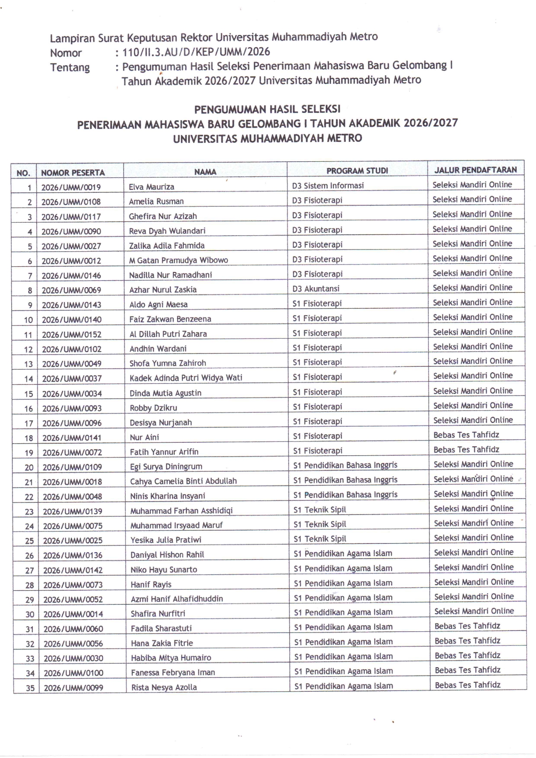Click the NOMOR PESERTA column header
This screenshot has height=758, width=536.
[x=73, y=173]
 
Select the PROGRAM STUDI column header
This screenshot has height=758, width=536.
[x=357, y=170]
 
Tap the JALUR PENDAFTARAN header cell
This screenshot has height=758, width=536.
[x=475, y=170]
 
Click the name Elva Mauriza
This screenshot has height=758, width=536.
[x=151, y=187]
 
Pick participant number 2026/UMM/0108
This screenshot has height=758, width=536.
[x=71, y=201]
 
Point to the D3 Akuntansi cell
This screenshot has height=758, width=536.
[x=316, y=288]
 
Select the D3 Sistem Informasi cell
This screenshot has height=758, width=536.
[x=328, y=186]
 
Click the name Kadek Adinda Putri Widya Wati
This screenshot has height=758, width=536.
[x=186, y=377]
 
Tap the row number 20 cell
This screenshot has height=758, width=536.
[x=29, y=467]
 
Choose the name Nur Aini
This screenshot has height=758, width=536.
[x=144, y=437]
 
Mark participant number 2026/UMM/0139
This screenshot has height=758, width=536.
[x=73, y=511]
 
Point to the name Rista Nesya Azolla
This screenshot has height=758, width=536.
[x=164, y=687]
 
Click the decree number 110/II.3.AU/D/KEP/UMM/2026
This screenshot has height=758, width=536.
[x=196, y=52]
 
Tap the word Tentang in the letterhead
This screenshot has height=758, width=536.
[x=70, y=67]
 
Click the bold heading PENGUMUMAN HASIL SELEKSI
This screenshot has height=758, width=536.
[x=267, y=109]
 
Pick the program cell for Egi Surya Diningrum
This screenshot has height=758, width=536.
[x=345, y=465]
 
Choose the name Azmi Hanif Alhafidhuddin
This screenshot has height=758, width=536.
[x=177, y=599]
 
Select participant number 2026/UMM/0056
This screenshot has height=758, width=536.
[x=73, y=643]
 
